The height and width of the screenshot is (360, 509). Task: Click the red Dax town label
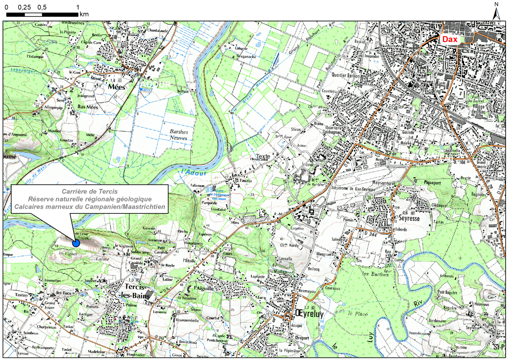(x=450, y=39)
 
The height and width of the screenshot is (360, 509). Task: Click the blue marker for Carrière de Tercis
(x=76, y=243)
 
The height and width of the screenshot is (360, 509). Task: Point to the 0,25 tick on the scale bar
(x=25, y=7)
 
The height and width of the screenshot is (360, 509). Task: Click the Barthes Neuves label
(x=179, y=135)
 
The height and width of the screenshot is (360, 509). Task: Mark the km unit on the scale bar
(x=84, y=14)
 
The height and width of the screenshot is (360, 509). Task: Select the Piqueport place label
(x=432, y=181)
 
